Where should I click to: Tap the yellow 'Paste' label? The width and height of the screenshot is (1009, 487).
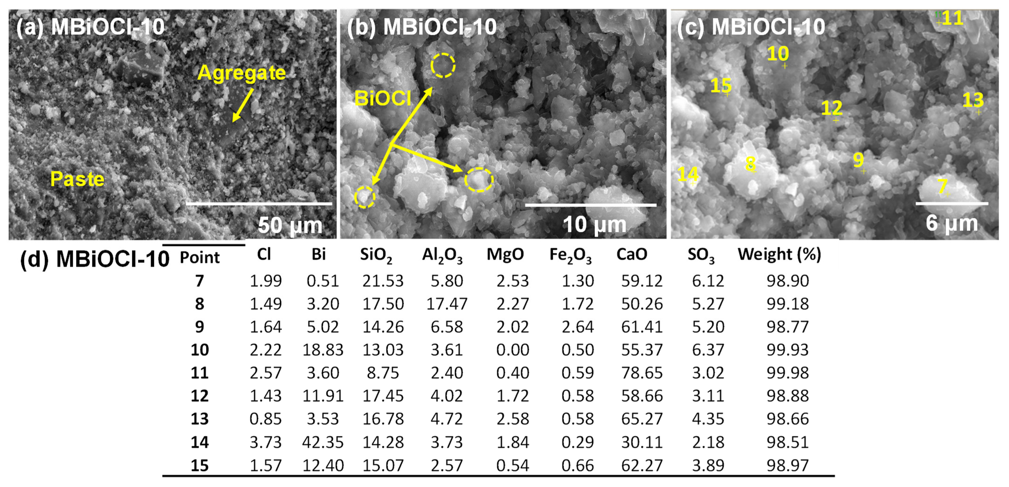pos(77,179)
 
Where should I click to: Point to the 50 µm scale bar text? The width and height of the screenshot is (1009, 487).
pos(290,225)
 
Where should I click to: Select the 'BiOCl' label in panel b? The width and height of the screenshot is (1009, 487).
pos(382,98)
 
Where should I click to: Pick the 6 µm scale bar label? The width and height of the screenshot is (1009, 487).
pos(952,223)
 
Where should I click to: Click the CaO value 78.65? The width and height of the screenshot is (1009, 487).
pos(642,373)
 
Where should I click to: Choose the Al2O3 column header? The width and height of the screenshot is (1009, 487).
pos(442,255)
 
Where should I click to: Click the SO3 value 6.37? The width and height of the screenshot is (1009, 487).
pos(708,350)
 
